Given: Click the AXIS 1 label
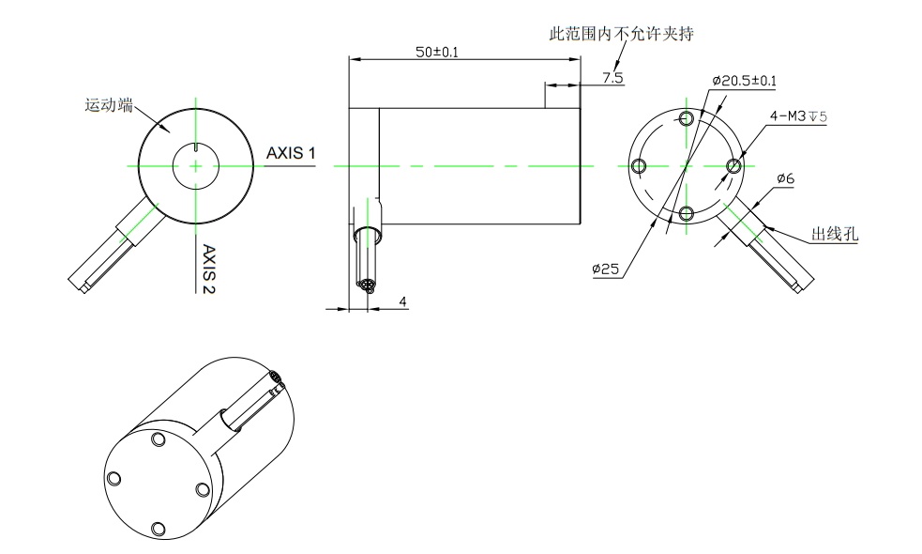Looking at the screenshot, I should pos(291,153).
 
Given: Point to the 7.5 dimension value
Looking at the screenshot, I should pos(612,77).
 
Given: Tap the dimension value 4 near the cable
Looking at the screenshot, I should pos(402,301).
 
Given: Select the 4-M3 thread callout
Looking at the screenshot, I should pos(797,116).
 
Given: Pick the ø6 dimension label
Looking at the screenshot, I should pos(786,178).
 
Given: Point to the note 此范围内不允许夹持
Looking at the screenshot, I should pos(621,34).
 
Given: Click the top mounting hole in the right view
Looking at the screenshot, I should pos(687,118).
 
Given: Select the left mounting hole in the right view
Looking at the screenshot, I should pos(640,166).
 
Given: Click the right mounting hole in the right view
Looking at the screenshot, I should pos(733,166).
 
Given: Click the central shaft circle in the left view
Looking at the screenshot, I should pos(195,166).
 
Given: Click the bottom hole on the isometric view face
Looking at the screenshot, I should pos(158,529).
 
